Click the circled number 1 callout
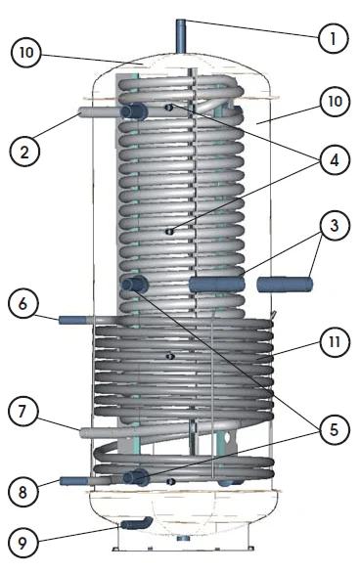pyautogui.click(x=333, y=38)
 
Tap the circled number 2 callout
pyautogui.click(x=24, y=152)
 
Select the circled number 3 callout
pyautogui.click(x=334, y=226)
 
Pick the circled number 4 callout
pyautogui.click(x=335, y=160)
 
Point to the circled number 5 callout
pyautogui.click(x=334, y=430)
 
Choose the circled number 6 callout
pyautogui.click(x=22, y=304)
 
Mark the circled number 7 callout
pyautogui.click(x=22, y=412)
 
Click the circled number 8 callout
pyautogui.click(x=22, y=492)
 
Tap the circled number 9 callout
pyautogui.click(x=22, y=543)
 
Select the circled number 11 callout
pyautogui.click(x=335, y=342)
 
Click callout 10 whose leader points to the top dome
pyautogui.click(x=26, y=53)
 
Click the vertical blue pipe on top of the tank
pyautogui.click(x=181, y=37)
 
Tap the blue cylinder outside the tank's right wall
pyautogui.click(x=285, y=285)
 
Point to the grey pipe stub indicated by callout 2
pyautogui.click(x=99, y=112)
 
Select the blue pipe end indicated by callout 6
pyautogui.click(x=72, y=321)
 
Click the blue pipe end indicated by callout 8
pyautogui.click(x=73, y=481)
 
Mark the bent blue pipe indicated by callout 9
pyautogui.click(x=136, y=523)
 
